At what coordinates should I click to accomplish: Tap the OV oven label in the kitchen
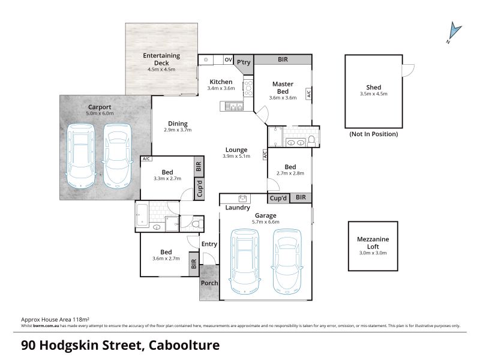(229, 59)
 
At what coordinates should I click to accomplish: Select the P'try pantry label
(244, 62)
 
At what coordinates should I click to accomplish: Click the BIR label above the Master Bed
(283, 59)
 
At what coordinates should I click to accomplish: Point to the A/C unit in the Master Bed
(308, 94)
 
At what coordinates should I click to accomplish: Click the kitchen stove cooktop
(248, 88)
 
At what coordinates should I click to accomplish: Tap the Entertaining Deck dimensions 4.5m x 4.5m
(161, 70)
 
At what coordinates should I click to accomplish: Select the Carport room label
(100, 107)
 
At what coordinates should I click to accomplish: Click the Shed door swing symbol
(409, 70)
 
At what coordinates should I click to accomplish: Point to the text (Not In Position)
(374, 134)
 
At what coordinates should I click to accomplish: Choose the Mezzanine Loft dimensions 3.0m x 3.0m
(373, 253)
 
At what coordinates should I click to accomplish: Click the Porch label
(209, 283)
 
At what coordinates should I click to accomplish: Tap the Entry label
(209, 244)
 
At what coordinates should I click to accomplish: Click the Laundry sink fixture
(244, 198)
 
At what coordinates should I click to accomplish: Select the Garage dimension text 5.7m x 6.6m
(266, 222)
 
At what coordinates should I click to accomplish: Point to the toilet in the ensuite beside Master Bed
(311, 141)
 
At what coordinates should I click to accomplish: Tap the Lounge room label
(236, 149)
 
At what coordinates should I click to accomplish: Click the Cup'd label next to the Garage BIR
(278, 198)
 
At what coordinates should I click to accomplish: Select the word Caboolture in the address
(184, 345)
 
